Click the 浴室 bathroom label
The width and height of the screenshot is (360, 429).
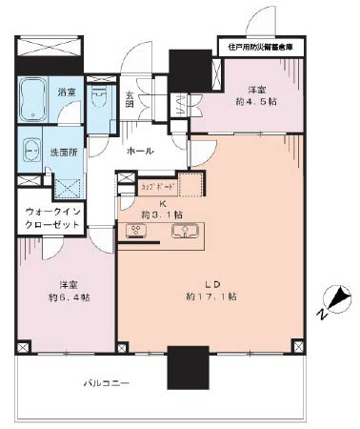coord(66,92)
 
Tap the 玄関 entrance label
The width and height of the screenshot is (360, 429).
coord(130,99)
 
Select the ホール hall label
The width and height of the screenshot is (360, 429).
coord(141,151)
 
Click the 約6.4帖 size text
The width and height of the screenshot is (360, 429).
coord(70,297)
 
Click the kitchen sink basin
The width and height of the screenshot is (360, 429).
coord(184,232)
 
